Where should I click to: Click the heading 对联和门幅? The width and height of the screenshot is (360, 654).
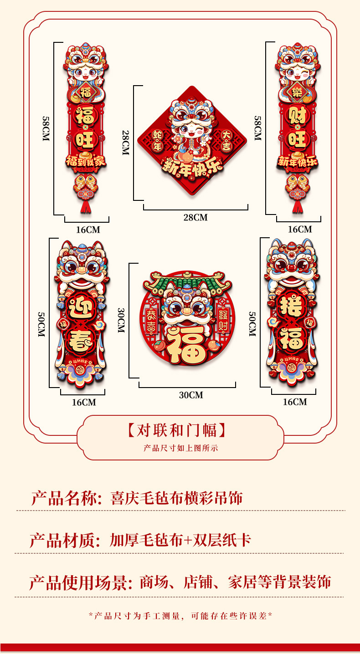pos(177,430)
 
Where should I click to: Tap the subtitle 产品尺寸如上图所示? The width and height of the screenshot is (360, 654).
pos(180,448)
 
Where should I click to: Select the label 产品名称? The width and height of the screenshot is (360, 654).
pos(63,498)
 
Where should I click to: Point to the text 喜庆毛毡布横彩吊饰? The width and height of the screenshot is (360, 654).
pos(176,498)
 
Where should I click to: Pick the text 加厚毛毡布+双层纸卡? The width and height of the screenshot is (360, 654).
pos(180,541)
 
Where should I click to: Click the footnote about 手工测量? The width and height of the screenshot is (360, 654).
pos(180,616)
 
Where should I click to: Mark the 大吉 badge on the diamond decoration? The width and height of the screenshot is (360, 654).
pos(226,141)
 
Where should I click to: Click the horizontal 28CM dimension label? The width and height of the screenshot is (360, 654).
pos(195,217)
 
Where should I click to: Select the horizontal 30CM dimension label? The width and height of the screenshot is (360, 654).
pos(190,395)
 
